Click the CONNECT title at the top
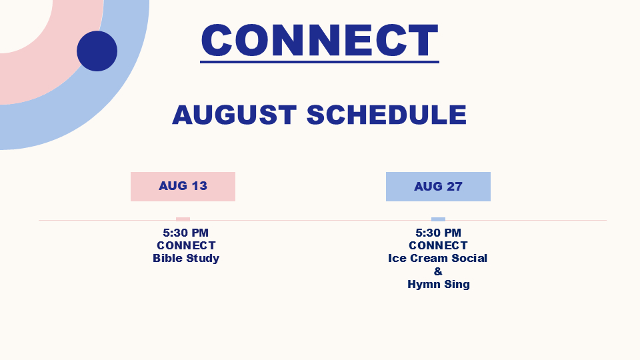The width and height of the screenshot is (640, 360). [x=319, y=40]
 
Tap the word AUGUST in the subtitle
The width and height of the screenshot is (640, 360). [x=234, y=115]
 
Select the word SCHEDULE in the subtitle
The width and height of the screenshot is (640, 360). [x=387, y=115]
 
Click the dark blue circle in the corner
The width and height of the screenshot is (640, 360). [x=97, y=51]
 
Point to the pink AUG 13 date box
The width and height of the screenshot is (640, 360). [x=183, y=187]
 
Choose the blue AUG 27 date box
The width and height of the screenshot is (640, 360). [x=439, y=187]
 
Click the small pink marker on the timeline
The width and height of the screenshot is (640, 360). [x=183, y=219]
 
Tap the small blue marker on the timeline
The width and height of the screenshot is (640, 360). [x=439, y=219]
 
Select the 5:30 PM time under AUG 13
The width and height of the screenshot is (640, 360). [x=186, y=233]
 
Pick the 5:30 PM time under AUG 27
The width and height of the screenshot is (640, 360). [x=439, y=233]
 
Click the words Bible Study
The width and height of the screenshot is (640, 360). [x=186, y=259]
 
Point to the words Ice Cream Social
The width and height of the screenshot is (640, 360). [x=437, y=259]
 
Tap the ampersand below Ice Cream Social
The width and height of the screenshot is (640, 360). [x=438, y=271]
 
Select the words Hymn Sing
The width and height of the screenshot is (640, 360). [x=439, y=285]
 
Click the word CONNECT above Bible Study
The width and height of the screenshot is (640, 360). [x=186, y=245]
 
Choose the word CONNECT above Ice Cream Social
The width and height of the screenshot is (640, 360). [x=439, y=245]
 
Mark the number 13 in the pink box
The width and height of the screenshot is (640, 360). [x=199, y=186]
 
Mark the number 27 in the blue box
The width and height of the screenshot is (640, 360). [x=455, y=187]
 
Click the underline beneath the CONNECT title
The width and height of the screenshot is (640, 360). [x=319, y=61]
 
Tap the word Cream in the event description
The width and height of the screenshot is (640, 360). [x=434, y=259]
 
